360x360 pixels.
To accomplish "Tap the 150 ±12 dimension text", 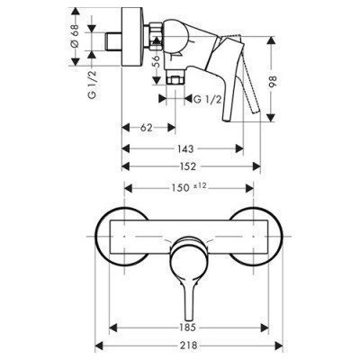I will coord(192,187).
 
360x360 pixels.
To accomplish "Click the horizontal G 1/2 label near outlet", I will coord(210,100).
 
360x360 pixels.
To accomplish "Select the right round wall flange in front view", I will coord(256,237).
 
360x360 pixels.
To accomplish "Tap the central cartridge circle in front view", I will coord(189,247).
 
